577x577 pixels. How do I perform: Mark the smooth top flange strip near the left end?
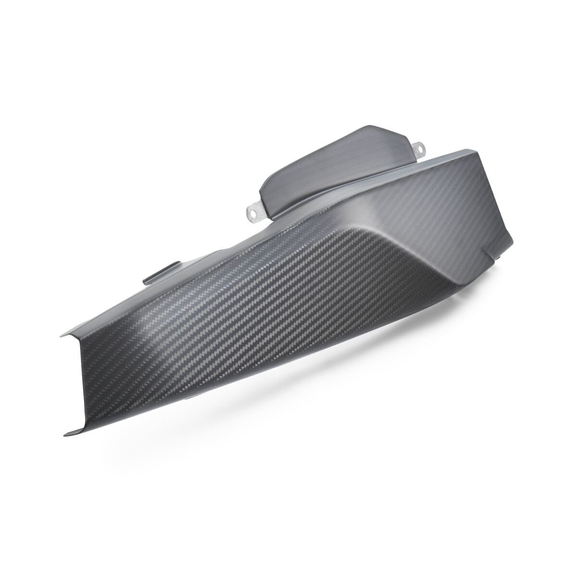[120, 308]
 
